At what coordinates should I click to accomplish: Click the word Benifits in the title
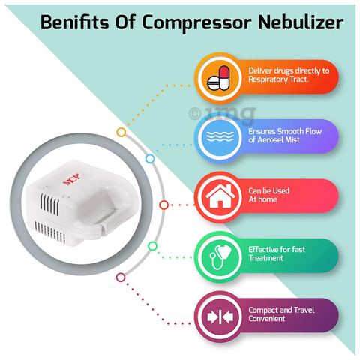74,22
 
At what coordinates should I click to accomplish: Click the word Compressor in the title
196,23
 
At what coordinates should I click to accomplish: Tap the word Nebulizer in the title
300,22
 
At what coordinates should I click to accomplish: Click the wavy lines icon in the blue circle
220,136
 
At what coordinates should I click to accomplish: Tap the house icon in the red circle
220,196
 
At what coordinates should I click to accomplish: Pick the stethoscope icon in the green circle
220,256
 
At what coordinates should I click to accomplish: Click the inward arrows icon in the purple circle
220,316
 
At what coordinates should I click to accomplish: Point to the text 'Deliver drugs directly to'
289,71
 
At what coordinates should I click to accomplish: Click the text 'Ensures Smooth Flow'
285,131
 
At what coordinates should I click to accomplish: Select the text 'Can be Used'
269,190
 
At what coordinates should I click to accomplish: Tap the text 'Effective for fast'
277,250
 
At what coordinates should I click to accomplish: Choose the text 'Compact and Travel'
281,310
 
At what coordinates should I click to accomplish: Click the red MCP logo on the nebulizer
71,178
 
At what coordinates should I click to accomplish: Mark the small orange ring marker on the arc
121,132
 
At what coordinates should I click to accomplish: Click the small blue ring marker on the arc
150,159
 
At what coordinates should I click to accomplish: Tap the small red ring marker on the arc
163,205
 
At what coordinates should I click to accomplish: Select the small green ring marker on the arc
152,246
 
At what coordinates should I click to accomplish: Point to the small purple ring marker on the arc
121,277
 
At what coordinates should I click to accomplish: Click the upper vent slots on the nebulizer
49,204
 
